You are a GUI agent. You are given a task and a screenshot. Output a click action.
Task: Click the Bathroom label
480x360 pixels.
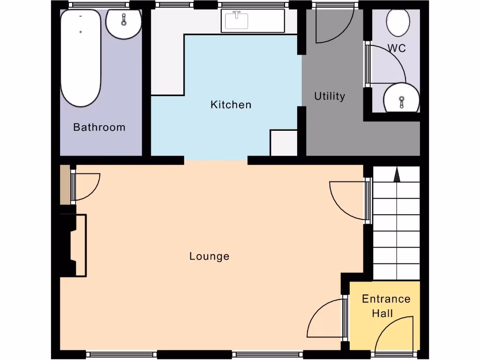[99, 127]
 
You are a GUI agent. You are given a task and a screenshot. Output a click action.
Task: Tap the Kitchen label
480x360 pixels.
[231, 105]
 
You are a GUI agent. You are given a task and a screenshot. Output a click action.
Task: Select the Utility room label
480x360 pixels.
[330, 96]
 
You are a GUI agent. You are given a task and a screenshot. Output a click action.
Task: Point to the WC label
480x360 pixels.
[396, 48]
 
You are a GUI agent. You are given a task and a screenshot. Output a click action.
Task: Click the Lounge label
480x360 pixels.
[209, 256]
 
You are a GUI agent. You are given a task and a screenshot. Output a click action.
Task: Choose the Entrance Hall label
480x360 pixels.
[386, 306]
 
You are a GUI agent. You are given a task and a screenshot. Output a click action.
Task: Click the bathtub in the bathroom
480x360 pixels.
[81, 57]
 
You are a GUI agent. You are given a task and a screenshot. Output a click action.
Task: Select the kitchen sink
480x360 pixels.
[237, 21]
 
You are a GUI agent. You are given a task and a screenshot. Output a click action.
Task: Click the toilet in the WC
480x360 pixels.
[398, 22]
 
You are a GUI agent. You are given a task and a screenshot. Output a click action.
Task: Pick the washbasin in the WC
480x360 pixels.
[401, 98]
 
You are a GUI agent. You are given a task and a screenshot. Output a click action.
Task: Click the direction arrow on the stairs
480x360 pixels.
[397, 176]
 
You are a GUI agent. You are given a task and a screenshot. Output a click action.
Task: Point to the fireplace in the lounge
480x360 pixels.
[74, 245]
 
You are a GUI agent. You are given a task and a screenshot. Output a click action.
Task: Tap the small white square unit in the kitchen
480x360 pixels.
[284, 142]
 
